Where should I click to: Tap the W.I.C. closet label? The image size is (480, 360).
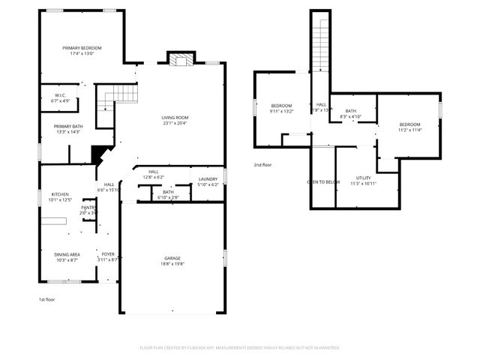coord(60,95)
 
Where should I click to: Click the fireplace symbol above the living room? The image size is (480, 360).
coord(180,60)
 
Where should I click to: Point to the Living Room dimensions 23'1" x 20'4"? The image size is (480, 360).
coord(175,124)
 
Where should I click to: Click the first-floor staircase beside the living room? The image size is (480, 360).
coord(121,95)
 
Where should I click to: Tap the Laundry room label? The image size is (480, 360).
coord(207,178)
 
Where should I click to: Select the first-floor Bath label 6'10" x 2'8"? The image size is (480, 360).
coord(168,193)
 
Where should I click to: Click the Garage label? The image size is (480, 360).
coord(172,258)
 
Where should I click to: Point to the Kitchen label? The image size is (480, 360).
coord(58,194)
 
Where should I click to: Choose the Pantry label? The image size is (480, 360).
coord(88,208)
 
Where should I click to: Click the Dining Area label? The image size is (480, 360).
coord(67,254)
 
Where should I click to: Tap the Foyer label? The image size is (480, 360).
coord(108,254)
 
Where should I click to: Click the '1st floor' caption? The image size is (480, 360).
coord(46,299)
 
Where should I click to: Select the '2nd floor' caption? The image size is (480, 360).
coord(262,164)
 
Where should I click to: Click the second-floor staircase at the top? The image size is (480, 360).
coord(321,45)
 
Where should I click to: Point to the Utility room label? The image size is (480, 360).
coord(363,178)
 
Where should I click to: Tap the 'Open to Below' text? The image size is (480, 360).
coord(323,182)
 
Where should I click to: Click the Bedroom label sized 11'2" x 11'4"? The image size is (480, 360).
coord(409,124)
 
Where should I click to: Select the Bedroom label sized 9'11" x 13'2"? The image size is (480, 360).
coord(281,106)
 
